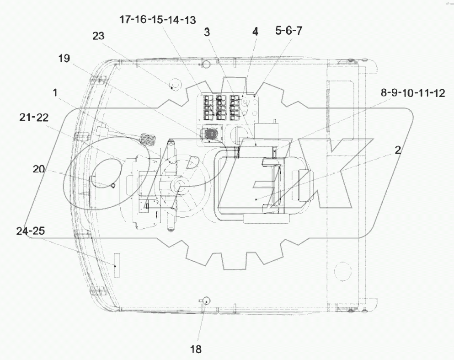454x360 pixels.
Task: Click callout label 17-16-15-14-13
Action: [158, 20]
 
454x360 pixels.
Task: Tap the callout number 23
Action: [98, 36]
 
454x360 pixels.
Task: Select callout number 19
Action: [64, 58]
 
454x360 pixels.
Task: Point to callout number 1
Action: [55, 93]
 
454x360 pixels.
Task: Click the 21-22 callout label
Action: [34, 117]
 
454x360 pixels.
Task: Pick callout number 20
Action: [38, 169]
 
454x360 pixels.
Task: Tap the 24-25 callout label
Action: [30, 231]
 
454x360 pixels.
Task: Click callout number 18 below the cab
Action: [196, 349]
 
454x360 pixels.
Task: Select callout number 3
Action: [207, 32]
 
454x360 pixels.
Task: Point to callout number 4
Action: [255, 31]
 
